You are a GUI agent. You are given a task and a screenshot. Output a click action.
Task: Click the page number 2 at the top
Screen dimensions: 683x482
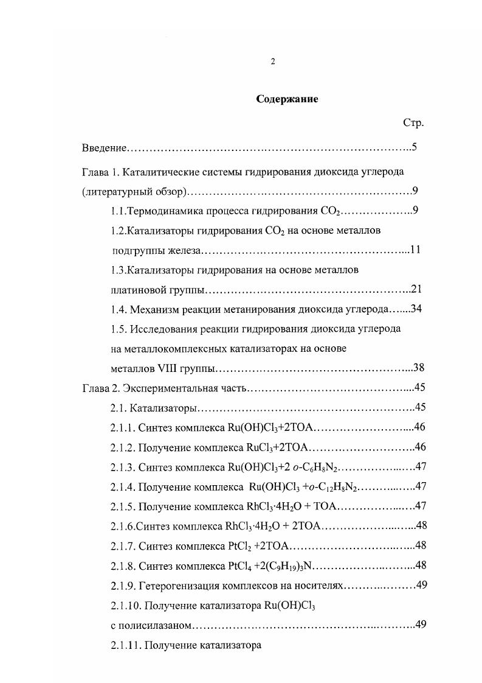pos(273,61)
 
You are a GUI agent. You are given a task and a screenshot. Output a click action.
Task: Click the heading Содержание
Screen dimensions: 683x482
pos(286,99)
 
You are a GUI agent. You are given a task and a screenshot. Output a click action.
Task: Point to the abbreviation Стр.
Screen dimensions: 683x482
pos(413,123)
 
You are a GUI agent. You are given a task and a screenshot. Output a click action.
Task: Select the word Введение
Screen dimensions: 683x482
pos(104,148)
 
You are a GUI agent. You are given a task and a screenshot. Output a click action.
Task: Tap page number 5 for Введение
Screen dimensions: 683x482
pos(413,147)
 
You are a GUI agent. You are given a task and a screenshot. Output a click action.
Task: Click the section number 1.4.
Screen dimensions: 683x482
pos(119,309)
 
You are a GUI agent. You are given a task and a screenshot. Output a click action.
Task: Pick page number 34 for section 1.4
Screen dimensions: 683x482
pos(416,309)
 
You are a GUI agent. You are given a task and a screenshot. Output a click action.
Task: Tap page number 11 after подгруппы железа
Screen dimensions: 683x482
pos(416,250)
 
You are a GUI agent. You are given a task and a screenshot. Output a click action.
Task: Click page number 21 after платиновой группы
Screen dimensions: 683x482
pos(416,289)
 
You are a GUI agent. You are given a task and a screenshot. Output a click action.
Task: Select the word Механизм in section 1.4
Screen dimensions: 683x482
pos(152,309)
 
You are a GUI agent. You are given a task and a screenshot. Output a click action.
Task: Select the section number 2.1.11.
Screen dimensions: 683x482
pos(125,645)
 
